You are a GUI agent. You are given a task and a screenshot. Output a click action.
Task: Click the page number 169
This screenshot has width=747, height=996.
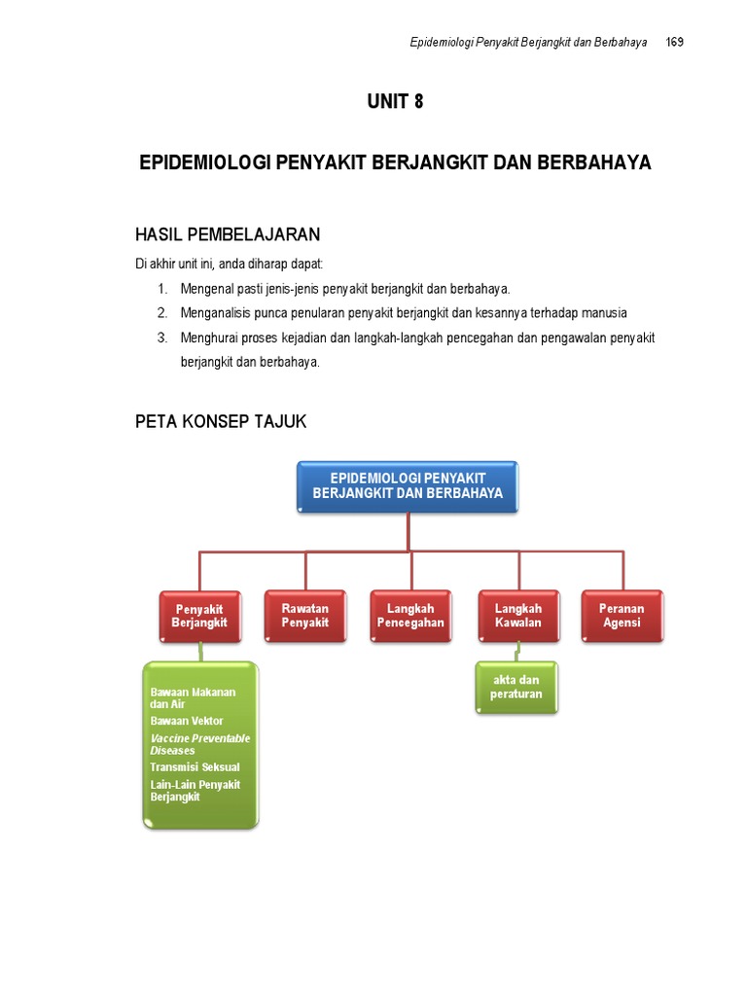674,43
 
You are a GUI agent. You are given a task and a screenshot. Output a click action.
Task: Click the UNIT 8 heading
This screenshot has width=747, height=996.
395,101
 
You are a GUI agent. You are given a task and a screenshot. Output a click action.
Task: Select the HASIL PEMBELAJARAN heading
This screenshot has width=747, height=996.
227,235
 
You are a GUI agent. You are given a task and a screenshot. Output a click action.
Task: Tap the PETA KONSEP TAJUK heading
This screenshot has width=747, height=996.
220,421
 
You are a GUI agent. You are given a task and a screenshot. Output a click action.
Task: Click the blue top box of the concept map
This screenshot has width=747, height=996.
408,486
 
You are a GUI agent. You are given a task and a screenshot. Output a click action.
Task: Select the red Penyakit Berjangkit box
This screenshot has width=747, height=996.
199,616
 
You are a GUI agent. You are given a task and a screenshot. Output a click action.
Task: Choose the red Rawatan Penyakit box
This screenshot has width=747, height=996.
305,615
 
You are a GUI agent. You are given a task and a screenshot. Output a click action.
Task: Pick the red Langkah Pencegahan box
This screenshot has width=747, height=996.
410,615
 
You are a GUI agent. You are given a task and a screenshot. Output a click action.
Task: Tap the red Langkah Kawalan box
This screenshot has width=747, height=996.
517,615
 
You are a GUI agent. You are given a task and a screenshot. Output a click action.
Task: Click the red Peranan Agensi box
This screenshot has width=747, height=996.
622,615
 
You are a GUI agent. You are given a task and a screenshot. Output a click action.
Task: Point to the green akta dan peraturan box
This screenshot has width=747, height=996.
516,688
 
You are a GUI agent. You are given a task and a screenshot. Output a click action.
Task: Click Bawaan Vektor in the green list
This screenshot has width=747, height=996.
186,721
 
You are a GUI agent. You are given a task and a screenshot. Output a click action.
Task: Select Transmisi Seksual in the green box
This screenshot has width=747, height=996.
195,767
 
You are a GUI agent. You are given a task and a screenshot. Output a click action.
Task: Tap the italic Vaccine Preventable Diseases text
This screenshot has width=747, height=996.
199,744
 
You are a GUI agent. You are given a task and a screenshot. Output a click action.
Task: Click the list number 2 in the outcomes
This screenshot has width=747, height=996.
162,313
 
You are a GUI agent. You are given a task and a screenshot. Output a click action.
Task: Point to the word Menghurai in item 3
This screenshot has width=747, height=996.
207,338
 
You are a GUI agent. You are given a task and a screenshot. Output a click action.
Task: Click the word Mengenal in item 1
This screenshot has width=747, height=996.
205,289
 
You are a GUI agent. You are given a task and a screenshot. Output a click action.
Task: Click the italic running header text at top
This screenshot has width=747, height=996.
529,43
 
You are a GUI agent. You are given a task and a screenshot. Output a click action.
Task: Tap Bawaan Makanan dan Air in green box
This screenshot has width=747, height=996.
193,697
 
